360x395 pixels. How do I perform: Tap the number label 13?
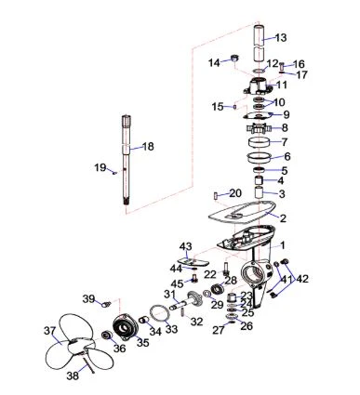pos(281,38)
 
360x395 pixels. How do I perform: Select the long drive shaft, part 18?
pos(126,160)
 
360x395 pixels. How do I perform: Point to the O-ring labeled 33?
pos(159,313)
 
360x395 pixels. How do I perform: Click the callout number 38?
pos(73,375)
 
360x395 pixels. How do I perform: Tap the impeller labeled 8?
pos(259,128)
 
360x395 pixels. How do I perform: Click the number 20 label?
pos(235,193)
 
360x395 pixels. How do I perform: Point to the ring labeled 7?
pos(260,143)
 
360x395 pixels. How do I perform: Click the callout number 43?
pos(185,246)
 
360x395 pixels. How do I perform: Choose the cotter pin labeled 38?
pos(88,364)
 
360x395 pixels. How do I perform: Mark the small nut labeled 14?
pos(235,58)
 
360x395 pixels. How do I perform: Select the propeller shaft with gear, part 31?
pos(186,301)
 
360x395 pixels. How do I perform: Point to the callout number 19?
pos(100,167)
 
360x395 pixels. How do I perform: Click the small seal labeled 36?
pos(107,336)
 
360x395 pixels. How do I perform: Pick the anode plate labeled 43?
pos(193,261)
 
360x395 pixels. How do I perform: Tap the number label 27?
pos(218,330)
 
